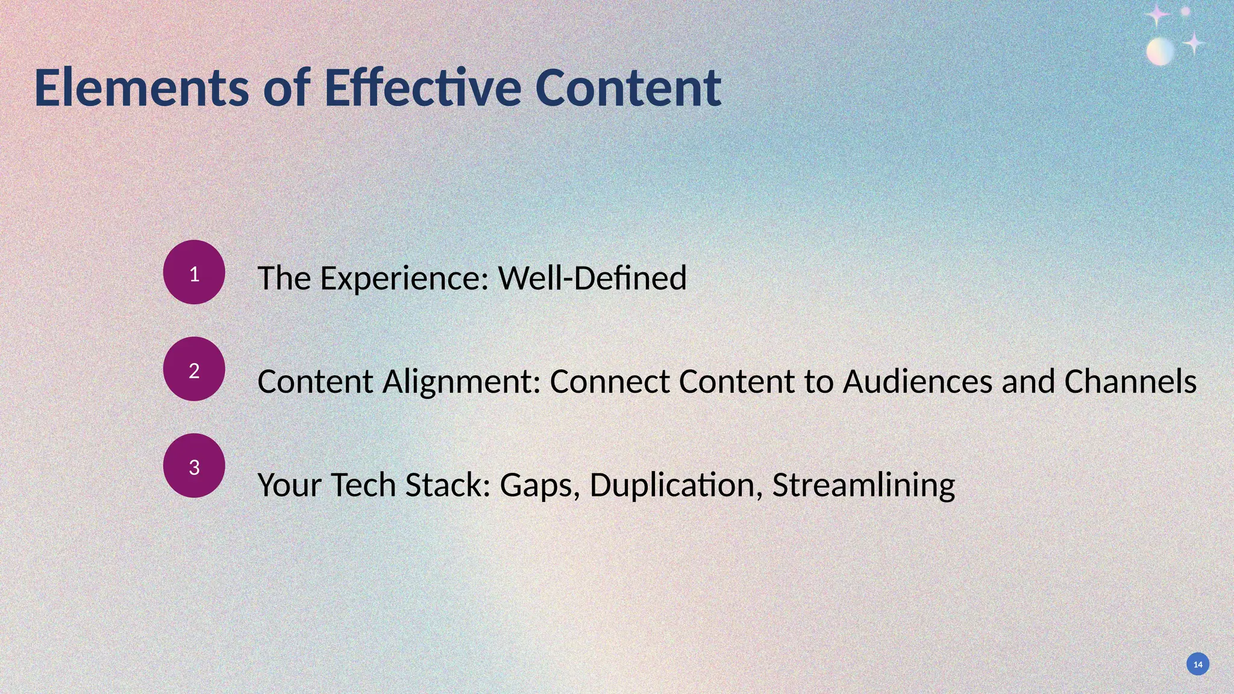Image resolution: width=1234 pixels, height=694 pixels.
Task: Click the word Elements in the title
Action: point(142,88)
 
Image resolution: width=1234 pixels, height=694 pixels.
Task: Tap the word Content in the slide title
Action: point(628,88)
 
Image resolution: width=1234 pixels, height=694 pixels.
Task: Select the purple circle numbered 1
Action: point(194,272)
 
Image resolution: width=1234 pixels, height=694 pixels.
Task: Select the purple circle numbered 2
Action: point(194,369)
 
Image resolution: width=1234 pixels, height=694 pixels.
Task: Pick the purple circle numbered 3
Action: point(194,465)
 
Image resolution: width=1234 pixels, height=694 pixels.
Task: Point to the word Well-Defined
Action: point(592,278)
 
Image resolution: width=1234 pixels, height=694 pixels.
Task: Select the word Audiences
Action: point(917,382)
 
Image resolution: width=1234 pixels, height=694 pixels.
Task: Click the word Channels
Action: point(1130,382)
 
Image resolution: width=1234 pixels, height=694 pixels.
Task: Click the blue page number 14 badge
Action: point(1198,664)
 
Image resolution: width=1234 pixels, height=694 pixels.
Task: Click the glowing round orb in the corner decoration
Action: point(1160,51)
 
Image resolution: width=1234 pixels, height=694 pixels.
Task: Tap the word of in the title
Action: point(287,88)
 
